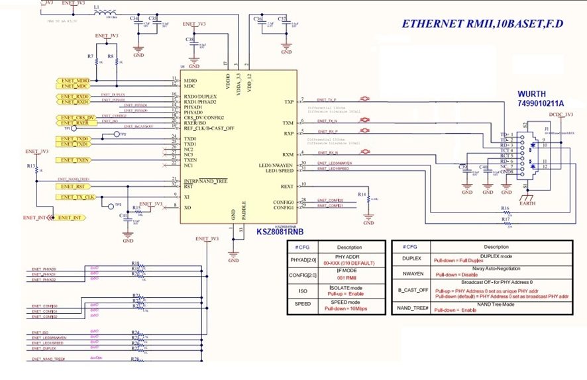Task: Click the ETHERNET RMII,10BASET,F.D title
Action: click(x=482, y=24)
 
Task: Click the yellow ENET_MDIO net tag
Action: click(x=73, y=80)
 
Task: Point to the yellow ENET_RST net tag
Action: click(x=73, y=186)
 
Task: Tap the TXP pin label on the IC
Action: click(x=288, y=102)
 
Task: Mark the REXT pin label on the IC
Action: click(x=287, y=186)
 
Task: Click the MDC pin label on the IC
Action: click(x=189, y=86)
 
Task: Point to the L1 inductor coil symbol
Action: click(x=105, y=13)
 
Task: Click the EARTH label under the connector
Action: click(x=527, y=203)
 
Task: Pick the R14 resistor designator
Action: click(x=361, y=194)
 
